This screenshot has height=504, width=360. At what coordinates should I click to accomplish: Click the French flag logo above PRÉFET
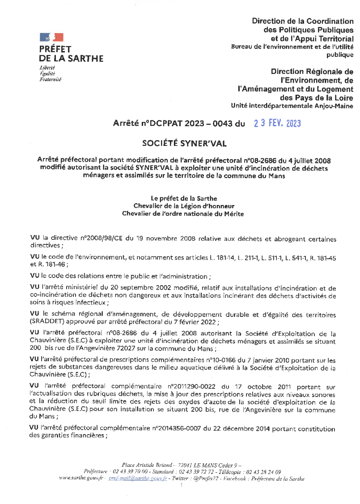[51, 37]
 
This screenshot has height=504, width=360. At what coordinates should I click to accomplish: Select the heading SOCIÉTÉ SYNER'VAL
[184, 143]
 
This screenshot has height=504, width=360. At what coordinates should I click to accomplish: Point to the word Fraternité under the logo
[51, 79]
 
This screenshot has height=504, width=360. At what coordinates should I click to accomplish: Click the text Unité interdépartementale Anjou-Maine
[292, 106]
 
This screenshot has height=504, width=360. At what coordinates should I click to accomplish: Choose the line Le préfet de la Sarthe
[184, 198]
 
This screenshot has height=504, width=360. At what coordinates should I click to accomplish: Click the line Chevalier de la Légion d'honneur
[184, 206]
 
